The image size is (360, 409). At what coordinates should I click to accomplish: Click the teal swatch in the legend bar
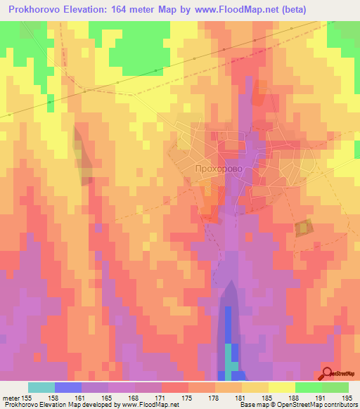click(41, 388)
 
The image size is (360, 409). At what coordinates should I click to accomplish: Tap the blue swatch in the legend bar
click(68, 388)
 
